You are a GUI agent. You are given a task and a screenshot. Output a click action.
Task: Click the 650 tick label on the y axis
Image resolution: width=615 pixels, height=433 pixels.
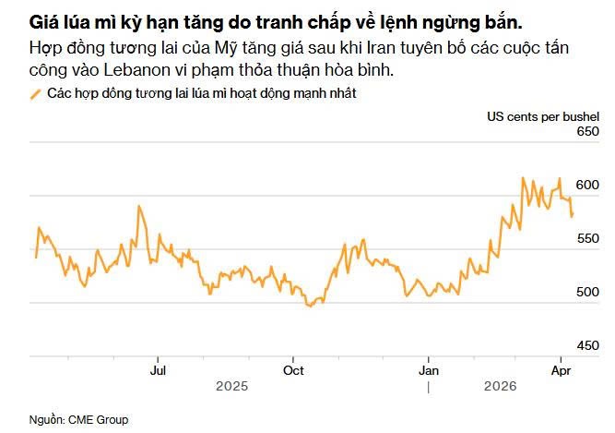(587, 132)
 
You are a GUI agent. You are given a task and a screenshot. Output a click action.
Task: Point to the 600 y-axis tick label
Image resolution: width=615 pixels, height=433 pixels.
(587, 186)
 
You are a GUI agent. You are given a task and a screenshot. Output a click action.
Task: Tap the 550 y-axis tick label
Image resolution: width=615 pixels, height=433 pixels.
(587, 238)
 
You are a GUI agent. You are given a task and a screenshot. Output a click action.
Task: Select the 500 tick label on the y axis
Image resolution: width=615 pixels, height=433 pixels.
(587, 292)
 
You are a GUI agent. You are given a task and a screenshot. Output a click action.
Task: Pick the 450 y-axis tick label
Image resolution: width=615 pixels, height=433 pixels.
(587, 345)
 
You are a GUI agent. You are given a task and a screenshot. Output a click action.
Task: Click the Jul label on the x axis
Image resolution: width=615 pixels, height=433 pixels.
(158, 370)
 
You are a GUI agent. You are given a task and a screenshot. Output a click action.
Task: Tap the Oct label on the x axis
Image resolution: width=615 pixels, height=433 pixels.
(293, 370)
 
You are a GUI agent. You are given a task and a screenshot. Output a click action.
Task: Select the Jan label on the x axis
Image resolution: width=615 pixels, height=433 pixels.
(429, 370)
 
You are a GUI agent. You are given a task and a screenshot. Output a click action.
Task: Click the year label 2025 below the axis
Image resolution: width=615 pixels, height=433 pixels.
(231, 387)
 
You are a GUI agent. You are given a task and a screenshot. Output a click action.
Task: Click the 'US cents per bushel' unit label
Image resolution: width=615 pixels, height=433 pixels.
(543, 115)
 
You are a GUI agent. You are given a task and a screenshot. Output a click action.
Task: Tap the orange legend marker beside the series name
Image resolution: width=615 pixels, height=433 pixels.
(36, 93)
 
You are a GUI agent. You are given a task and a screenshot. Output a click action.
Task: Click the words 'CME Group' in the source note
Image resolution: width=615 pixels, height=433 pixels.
(98, 420)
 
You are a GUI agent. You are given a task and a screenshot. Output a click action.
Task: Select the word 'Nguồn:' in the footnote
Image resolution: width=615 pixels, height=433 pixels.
(45, 420)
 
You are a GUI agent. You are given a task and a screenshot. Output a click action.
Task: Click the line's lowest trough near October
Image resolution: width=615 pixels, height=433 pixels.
(310, 306)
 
